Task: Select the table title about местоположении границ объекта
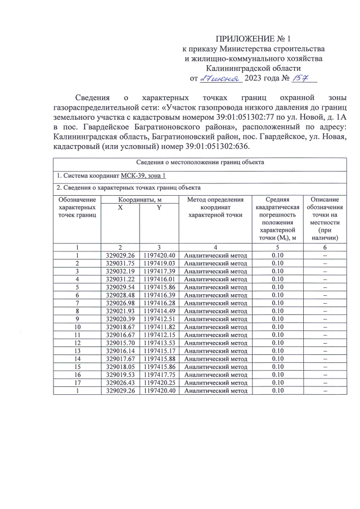click(x=200, y=163)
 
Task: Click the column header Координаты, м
click(x=139, y=200)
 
